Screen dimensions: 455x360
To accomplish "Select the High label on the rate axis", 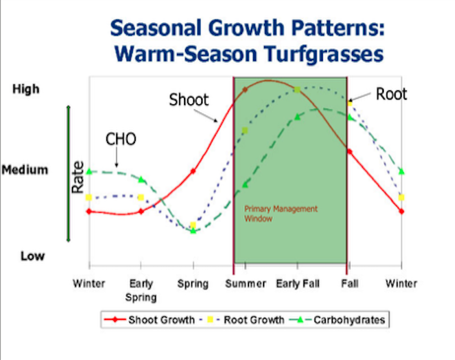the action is click(26, 89).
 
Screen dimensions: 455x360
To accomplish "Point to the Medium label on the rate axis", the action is click(25, 169).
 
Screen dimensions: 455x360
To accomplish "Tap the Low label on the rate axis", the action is click(32, 256).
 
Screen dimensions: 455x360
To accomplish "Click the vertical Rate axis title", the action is click(77, 178).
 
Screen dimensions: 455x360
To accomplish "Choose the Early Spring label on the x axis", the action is click(141, 290).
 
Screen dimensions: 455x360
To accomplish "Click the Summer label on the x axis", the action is click(245, 283).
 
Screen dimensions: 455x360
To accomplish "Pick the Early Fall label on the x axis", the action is click(298, 283).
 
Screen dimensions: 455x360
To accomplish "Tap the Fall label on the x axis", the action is click(350, 283).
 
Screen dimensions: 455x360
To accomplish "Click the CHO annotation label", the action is click(121, 139).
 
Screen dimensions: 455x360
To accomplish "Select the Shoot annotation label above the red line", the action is click(189, 100).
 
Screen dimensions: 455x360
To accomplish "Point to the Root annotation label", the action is click(391, 94).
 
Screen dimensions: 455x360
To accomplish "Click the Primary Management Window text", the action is click(281, 214).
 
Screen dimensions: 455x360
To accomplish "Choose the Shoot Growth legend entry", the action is click(149, 320).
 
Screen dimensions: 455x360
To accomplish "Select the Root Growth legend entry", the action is click(242, 320).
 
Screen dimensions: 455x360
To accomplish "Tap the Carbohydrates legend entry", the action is click(337, 320).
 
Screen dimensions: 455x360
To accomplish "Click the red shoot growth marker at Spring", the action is click(193, 171).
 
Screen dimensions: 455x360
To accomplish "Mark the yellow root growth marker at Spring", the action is click(193, 225).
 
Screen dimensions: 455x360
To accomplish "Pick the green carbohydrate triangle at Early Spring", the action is click(141, 180).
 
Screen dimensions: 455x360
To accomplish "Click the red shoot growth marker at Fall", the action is click(350, 151).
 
